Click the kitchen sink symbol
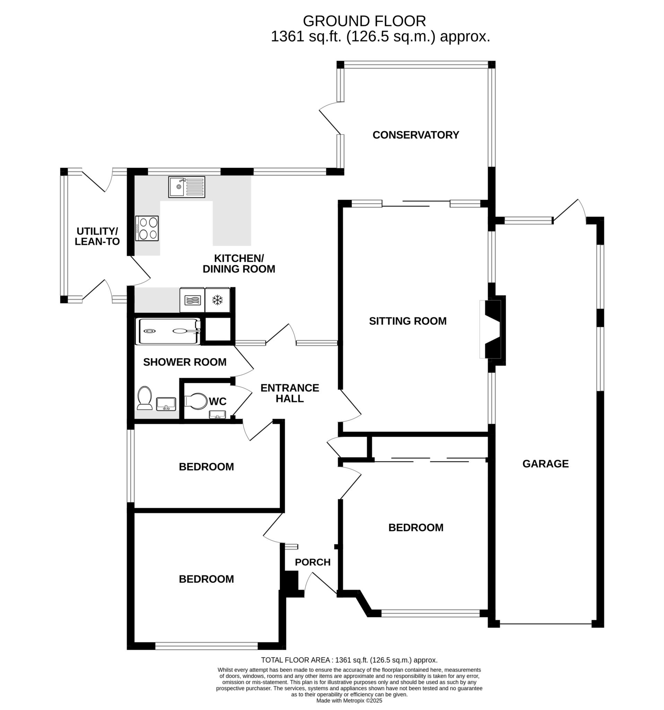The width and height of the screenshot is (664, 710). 187,187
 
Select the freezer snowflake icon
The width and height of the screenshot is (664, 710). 217,300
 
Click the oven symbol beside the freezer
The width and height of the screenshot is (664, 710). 192,300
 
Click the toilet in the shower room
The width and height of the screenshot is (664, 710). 144,398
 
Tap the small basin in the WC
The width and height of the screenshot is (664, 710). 217,415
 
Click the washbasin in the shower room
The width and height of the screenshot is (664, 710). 166,404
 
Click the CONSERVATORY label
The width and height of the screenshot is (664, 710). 416,135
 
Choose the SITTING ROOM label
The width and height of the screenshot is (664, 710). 408,321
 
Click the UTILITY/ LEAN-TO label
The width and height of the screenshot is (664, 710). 97,236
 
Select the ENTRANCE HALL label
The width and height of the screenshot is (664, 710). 289,393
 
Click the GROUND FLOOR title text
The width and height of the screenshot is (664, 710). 364,21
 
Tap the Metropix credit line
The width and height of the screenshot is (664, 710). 349,701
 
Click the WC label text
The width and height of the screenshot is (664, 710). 217,401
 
